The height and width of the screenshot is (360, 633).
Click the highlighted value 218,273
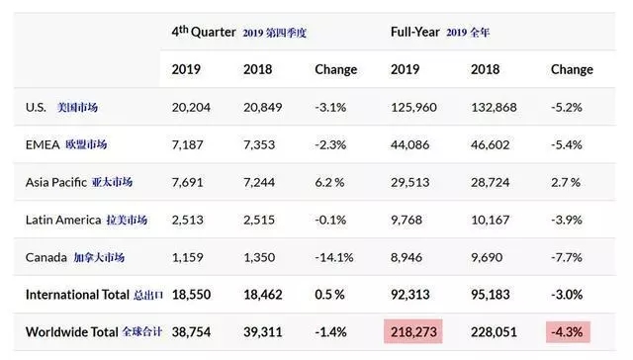[413, 331]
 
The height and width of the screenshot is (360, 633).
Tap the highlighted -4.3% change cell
[568, 331]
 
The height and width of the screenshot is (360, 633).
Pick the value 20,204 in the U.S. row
[191, 108]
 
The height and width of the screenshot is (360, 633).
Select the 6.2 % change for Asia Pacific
[329, 182]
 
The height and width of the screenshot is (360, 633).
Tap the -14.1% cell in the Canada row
[334, 257]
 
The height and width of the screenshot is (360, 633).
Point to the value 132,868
[494, 108]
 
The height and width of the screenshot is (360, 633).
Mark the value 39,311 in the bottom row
[262, 332]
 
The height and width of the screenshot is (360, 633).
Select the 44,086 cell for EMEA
[409, 144]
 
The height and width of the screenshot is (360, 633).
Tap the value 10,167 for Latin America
[491, 220]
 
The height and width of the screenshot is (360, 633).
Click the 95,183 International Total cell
[491, 295]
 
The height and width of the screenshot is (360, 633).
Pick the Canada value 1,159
[187, 257]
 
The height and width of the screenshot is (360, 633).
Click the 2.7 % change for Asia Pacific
[566, 182]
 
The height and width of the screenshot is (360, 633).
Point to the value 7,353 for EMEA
[259, 144]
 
